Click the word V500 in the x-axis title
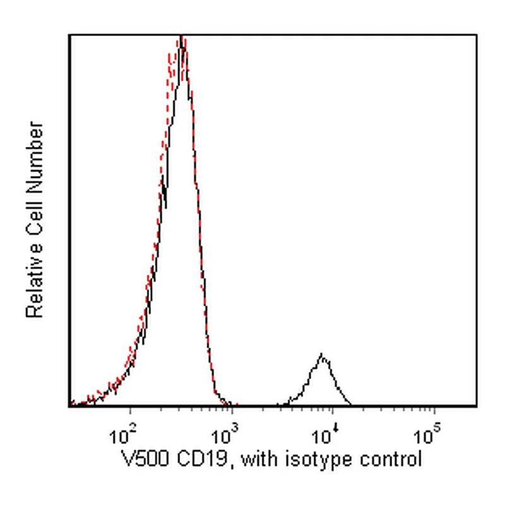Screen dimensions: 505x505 (146, 459)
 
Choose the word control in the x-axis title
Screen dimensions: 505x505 (391, 459)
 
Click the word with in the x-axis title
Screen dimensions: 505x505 (259, 459)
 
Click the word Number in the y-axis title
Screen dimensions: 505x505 (35, 157)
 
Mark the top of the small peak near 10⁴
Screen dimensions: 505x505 (321, 354)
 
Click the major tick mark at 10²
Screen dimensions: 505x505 (130, 410)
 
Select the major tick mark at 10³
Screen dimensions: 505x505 (232, 410)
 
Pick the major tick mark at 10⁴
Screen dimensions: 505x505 (333, 410)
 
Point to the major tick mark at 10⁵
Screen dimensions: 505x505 (434, 410)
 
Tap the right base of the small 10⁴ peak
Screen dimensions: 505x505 (350, 404)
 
